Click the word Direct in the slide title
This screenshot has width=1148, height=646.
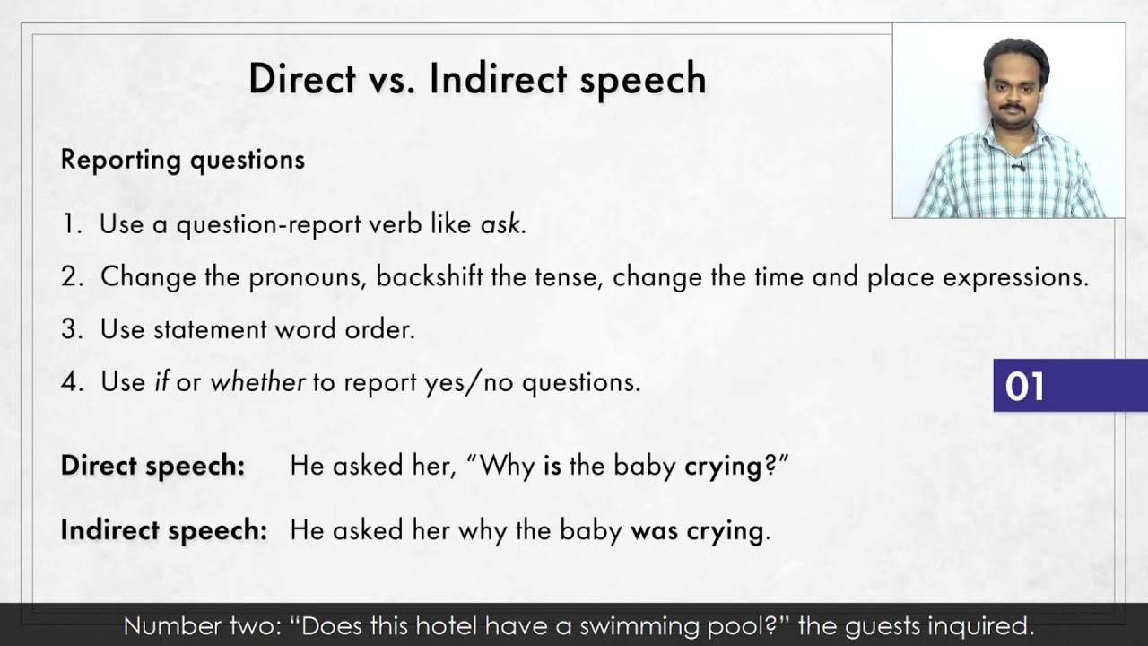pos(301,79)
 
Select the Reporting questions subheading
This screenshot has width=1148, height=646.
pos(183,160)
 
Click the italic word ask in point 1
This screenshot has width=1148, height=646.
pos(500,224)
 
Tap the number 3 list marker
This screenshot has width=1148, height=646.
pos(71,329)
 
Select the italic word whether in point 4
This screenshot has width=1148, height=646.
pos(257,382)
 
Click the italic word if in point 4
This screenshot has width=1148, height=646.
pos(161,382)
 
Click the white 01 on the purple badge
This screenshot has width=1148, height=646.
pos(1024,387)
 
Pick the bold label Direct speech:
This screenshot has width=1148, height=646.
pos(152,467)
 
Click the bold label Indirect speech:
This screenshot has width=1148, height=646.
pos(164,530)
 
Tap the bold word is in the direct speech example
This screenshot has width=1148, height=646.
pos(552,467)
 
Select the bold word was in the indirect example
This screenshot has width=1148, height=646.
pos(654,530)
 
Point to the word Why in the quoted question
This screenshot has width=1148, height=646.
pos(510,467)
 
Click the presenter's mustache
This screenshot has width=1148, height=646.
pos(1013,108)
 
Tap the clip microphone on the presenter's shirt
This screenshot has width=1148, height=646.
pos(1018,166)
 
